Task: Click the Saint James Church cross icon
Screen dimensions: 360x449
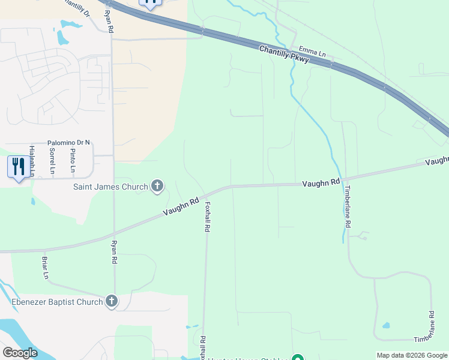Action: point(157,186)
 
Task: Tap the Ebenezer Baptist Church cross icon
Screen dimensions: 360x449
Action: point(111,301)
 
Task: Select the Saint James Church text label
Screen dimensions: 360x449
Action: point(110,187)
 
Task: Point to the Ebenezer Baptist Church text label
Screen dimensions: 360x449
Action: point(58,302)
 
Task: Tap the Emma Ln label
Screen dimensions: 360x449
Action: point(312,52)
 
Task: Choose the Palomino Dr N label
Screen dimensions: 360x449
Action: point(68,143)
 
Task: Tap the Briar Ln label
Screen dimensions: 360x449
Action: point(45,268)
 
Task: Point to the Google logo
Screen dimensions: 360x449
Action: point(20,352)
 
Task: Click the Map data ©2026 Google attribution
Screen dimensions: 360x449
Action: point(412,355)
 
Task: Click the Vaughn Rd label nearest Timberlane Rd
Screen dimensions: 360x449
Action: point(321,182)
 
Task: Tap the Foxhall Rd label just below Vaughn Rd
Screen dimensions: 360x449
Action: point(208,217)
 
